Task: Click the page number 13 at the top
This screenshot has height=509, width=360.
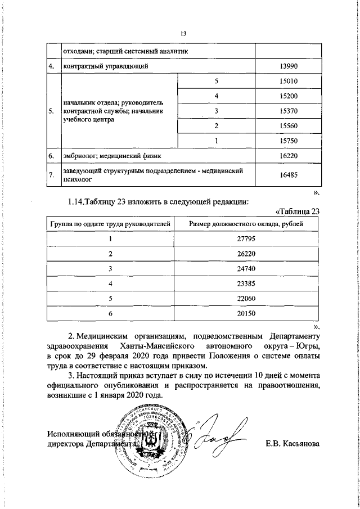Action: (x=183, y=33)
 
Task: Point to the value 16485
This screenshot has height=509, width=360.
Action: (x=288, y=175)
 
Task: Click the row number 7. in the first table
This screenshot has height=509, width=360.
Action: (x=51, y=175)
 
